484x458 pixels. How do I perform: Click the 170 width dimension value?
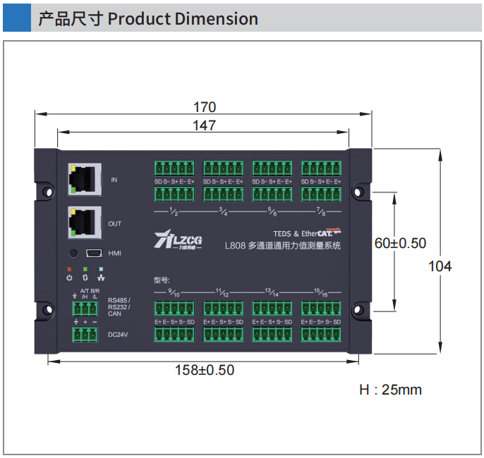click(204, 107)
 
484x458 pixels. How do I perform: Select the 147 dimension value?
click(204, 125)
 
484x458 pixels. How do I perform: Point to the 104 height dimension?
click(440, 266)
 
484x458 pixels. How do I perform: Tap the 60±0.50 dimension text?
click(400, 243)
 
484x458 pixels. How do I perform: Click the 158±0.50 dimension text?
click(205, 370)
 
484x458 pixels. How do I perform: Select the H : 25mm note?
click(390, 390)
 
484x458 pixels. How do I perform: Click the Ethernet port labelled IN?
click(83, 179)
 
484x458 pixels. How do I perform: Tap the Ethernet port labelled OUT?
click(83, 223)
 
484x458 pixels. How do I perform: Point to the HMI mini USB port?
click(95, 252)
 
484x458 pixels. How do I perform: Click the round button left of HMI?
click(72, 252)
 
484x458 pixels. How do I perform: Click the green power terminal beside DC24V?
click(85, 334)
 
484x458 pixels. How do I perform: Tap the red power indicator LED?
click(69, 269)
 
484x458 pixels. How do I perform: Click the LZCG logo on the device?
click(178, 240)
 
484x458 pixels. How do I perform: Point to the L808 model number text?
click(235, 246)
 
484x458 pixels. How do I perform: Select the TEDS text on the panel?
click(283, 233)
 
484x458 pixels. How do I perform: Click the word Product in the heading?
click(139, 18)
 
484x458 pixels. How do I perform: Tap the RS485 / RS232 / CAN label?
click(119, 307)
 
